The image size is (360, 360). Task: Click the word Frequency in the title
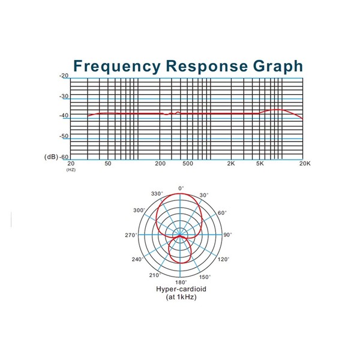point(117,67)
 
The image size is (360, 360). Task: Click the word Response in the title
point(207,67)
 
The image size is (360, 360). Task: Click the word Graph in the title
point(278,67)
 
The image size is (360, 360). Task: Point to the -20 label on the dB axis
point(64,76)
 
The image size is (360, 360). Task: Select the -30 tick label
point(64,96)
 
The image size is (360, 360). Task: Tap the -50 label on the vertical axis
point(64,136)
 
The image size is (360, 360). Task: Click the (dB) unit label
point(51,157)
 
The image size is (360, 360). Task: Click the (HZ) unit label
point(71,170)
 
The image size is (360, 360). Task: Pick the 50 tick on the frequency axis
point(108,164)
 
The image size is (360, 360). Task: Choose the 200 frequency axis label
point(160,164)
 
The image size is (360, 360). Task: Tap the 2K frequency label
point(231,164)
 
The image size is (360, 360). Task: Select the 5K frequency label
point(260,164)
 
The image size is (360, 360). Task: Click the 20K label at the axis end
point(305,164)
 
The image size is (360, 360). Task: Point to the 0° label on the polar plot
point(181,188)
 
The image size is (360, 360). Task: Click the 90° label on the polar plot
point(227,235)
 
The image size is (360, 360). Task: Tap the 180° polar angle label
point(181,282)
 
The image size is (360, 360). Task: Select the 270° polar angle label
point(131,235)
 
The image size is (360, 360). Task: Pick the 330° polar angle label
point(157,194)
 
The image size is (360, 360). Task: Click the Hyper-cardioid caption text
point(181,289)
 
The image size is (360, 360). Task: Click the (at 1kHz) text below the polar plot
point(181,297)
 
